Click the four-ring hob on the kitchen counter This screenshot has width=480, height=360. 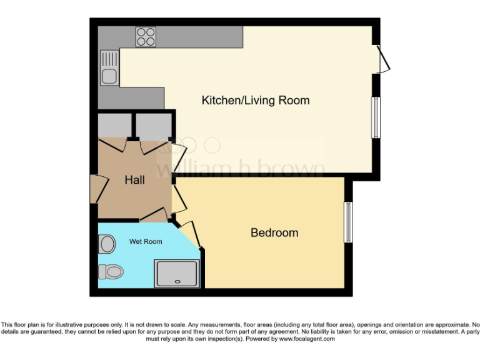[146, 37]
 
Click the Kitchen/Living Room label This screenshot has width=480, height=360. [255, 100]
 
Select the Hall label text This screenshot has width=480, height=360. [134, 180]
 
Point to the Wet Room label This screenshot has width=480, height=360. [146, 241]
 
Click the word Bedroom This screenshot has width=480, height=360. [274, 232]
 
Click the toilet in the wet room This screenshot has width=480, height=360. [110, 271]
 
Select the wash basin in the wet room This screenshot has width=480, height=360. [106, 244]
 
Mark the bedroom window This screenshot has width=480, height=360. [349, 222]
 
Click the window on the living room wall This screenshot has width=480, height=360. [376, 117]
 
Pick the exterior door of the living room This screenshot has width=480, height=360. [384, 59]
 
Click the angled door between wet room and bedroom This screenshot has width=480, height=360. [191, 234]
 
